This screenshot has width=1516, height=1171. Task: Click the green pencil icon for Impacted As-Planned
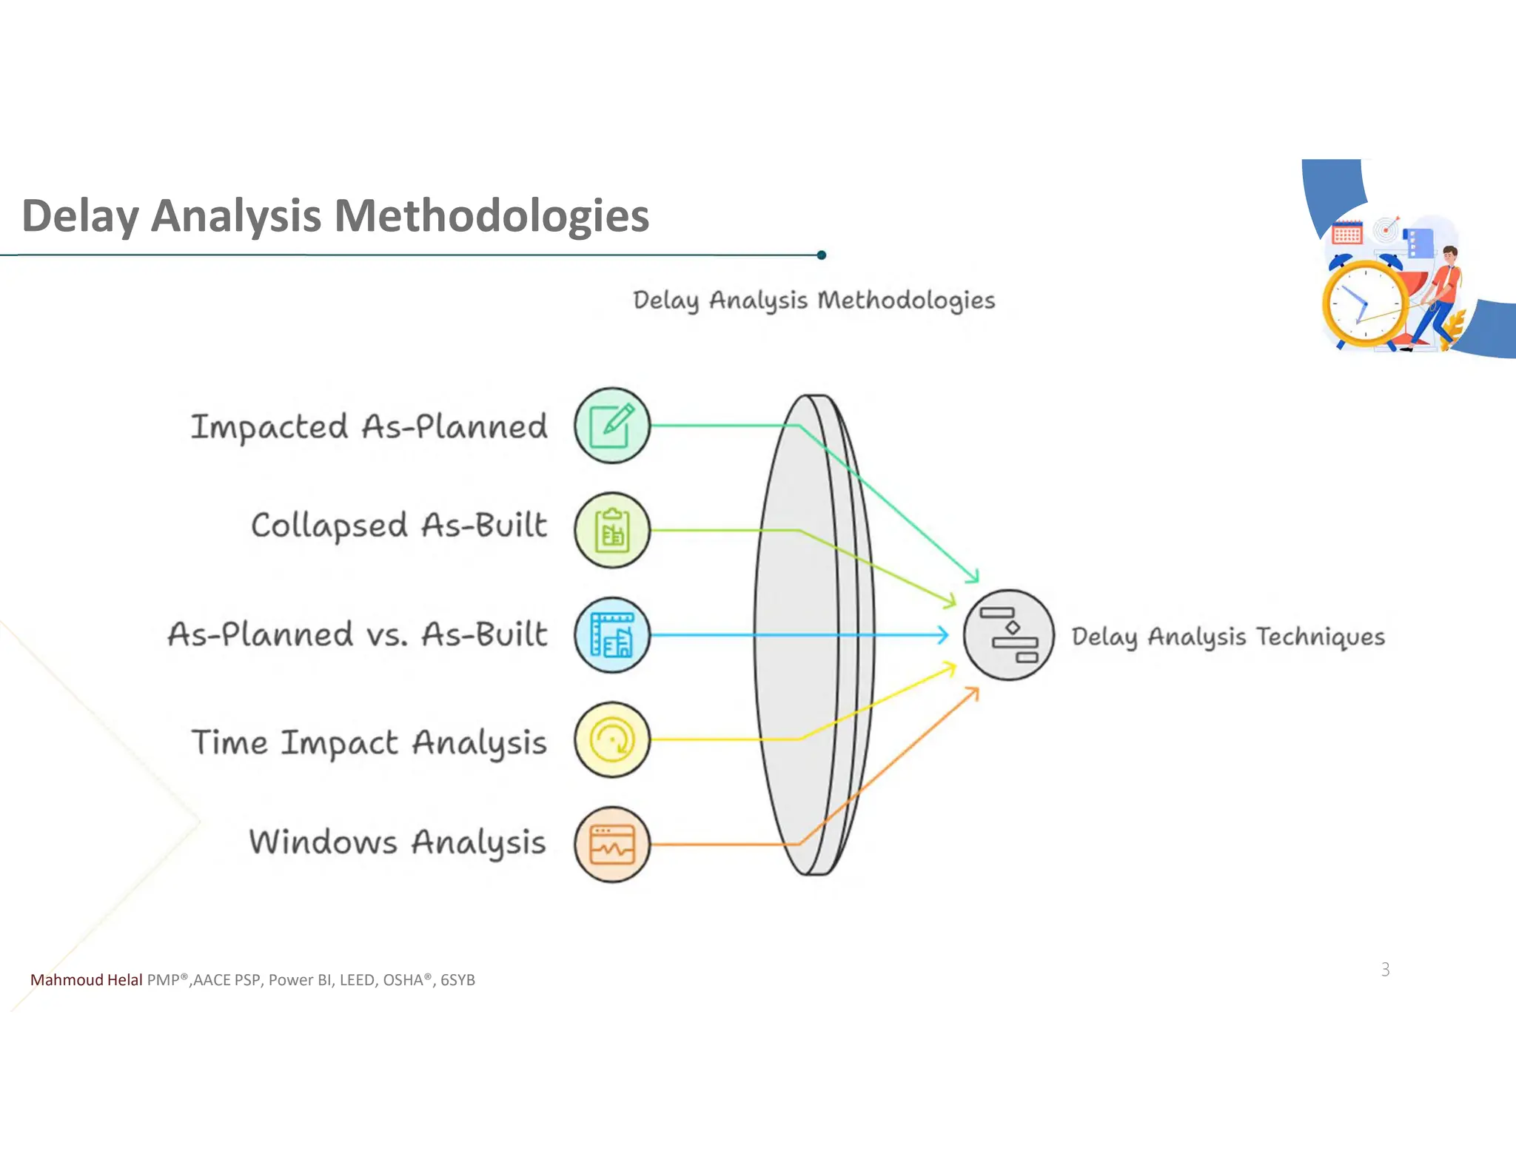pyautogui.click(x=612, y=426)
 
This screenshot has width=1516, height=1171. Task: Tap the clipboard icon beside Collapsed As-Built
pyautogui.click(x=612, y=531)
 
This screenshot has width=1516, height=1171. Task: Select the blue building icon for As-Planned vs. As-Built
pyautogui.click(x=612, y=635)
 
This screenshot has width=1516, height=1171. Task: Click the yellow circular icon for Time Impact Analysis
pyautogui.click(x=612, y=739)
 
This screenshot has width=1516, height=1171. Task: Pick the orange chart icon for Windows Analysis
pyautogui.click(x=612, y=845)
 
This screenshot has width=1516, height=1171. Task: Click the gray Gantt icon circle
pyautogui.click(x=1008, y=635)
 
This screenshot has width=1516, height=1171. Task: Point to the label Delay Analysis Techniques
pyautogui.click(x=1227, y=637)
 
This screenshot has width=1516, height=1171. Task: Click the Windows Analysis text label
pyautogui.click(x=398, y=842)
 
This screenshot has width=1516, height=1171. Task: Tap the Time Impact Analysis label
pyautogui.click(x=369, y=742)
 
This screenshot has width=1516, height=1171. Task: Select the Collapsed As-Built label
pyautogui.click(x=399, y=526)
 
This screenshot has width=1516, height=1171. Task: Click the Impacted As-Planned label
pyautogui.click(x=369, y=427)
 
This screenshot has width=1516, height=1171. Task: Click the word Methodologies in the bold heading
pyautogui.click(x=492, y=216)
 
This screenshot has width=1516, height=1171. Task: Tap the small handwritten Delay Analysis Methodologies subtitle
pyautogui.click(x=814, y=301)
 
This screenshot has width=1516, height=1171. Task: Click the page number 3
pyautogui.click(x=1385, y=969)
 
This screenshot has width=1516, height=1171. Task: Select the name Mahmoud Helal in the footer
pyautogui.click(x=86, y=980)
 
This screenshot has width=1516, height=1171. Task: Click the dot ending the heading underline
pyautogui.click(x=821, y=255)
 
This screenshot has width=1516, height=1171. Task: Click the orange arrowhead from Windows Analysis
pyautogui.click(x=973, y=692)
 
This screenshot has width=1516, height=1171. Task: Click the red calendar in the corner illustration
pyautogui.click(x=1346, y=233)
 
